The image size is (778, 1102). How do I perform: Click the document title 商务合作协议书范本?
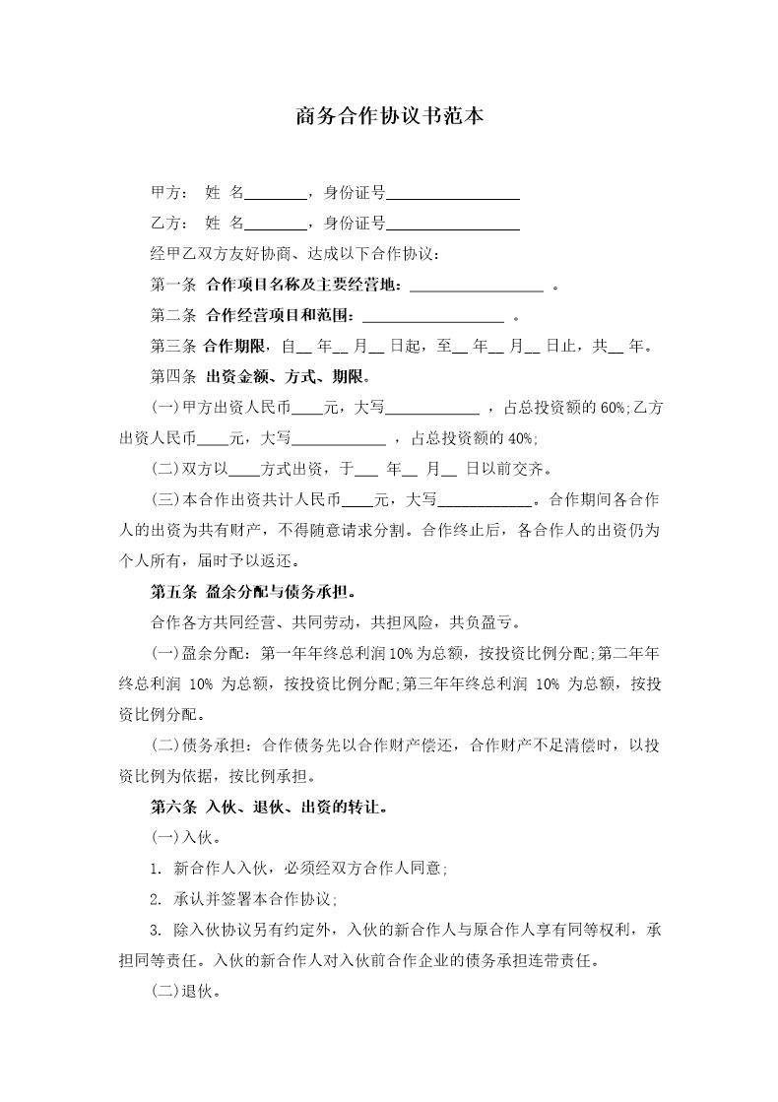click(x=388, y=117)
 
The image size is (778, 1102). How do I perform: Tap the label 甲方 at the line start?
click(x=162, y=193)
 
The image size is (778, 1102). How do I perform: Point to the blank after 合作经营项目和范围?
click(x=433, y=318)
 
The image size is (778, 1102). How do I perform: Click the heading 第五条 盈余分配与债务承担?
click(x=252, y=592)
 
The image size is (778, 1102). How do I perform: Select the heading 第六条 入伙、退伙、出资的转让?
click(x=267, y=808)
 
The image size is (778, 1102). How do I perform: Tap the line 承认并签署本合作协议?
click(x=255, y=899)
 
